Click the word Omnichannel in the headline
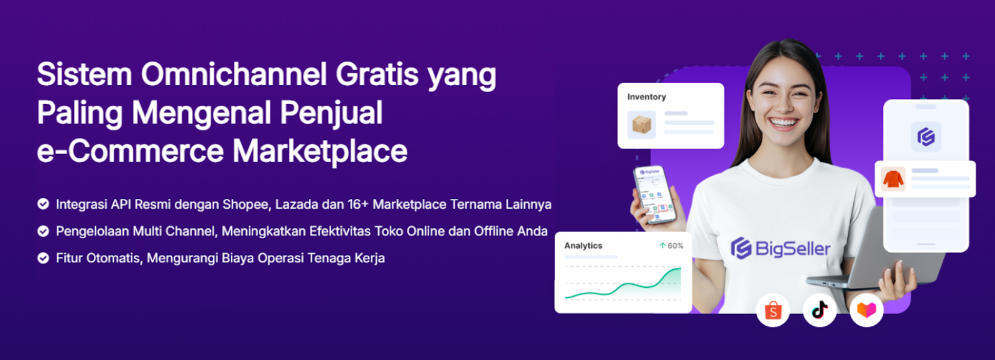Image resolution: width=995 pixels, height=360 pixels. pyautogui.click(x=234, y=74)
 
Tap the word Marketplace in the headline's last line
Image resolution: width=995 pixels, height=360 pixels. pyautogui.click(x=320, y=151)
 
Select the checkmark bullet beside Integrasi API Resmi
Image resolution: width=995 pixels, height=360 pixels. pyautogui.click(x=43, y=204)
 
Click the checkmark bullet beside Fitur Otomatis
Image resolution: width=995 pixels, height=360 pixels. pyautogui.click(x=43, y=258)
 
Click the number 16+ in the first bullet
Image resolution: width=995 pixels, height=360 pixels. pyautogui.click(x=358, y=205)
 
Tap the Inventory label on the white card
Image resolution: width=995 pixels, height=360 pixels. pyautogui.click(x=646, y=97)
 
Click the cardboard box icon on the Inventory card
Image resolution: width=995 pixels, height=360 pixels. pyautogui.click(x=641, y=125)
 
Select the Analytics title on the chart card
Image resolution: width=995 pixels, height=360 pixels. pyautogui.click(x=583, y=246)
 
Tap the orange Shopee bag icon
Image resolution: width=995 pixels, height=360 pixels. pyautogui.click(x=773, y=310)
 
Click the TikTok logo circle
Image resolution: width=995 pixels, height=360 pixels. pyautogui.click(x=820, y=310)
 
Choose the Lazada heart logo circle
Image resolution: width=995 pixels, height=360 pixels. pyautogui.click(x=866, y=310)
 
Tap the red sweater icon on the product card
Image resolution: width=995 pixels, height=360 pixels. pyautogui.click(x=893, y=179)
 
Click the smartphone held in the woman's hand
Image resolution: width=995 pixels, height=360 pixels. pyautogui.click(x=655, y=195)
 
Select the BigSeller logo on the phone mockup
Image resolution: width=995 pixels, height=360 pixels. pyautogui.click(x=926, y=137)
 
